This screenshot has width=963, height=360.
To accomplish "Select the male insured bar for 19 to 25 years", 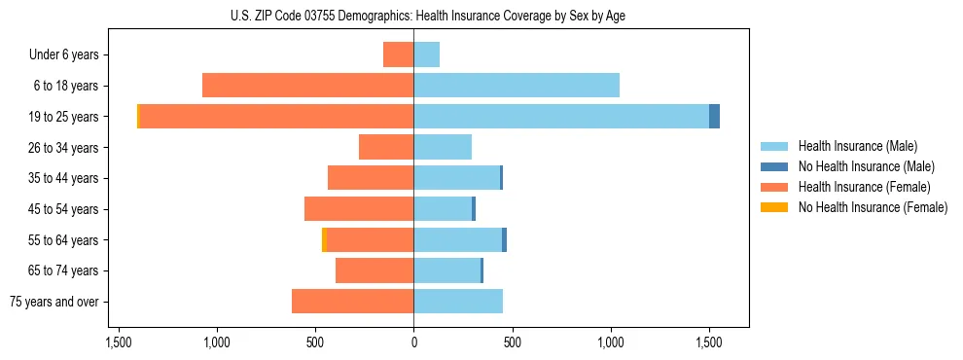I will [x=561, y=116].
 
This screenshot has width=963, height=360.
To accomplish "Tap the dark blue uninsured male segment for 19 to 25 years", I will [x=714, y=116].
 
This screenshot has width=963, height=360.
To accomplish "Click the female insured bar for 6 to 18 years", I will [x=307, y=86].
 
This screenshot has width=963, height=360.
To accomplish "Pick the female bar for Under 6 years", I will [x=398, y=54].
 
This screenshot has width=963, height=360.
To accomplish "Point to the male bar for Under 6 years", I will [x=426, y=54].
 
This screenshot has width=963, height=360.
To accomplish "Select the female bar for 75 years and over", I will [x=352, y=302].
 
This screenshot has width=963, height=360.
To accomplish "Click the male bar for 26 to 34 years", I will [x=443, y=147].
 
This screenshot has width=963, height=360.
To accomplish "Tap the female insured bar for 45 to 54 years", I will [x=359, y=209].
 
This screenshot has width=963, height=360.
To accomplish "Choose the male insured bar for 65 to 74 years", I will [x=446, y=270].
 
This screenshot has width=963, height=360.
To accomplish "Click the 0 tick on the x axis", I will [x=413, y=342].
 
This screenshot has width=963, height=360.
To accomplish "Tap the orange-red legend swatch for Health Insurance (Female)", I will [x=774, y=187].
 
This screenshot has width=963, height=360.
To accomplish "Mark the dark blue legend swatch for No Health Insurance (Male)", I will [x=774, y=166].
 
